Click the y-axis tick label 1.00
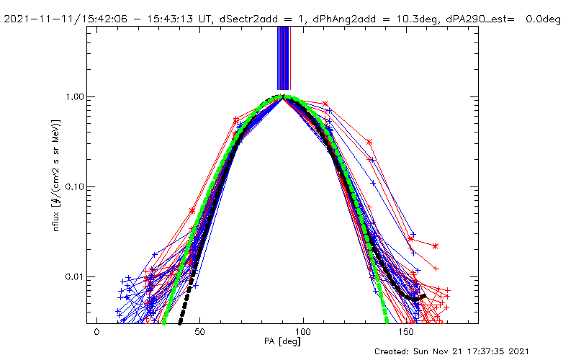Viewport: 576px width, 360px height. pos(75,97)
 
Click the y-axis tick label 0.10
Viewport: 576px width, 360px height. pos(75,187)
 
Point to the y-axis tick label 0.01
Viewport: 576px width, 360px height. pos(75,276)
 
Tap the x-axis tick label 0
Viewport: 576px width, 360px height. pos(96,332)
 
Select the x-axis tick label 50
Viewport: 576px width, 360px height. pos(199,332)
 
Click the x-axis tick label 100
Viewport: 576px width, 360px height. pos(303,332)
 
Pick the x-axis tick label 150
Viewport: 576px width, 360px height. pos(406,332)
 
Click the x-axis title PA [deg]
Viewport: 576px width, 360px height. pos(282,341)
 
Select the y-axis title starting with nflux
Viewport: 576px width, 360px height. pos(56,175)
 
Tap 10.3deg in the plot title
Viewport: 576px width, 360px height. pos(417,19)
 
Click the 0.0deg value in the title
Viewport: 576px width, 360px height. pos(544,19)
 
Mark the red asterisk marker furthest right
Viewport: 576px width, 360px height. pos(436,246)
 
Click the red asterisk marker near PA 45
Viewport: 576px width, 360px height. pos(192,211)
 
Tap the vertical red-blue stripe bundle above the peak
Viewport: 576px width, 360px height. pos(284,58)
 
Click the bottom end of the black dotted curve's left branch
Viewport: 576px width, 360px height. pos(179,323)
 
